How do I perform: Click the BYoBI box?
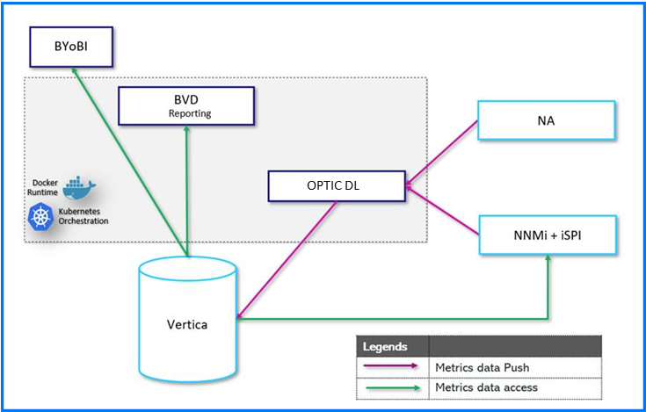69,46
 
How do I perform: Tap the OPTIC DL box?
337,185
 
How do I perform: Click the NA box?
544,120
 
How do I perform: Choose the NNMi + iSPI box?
544,235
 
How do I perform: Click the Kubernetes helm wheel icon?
40,216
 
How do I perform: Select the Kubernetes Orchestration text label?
81,216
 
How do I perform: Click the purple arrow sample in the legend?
391,366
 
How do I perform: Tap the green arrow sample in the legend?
391,387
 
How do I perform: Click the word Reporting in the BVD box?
190,113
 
